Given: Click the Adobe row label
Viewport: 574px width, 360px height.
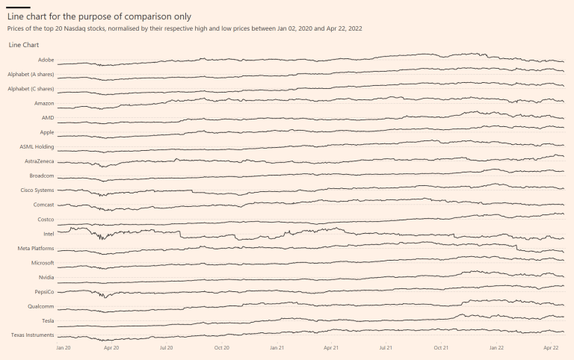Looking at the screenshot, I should [x=46, y=60].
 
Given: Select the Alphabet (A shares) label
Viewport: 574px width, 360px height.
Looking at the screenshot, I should [x=31, y=74].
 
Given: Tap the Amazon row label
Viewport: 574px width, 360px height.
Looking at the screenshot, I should [x=44, y=103].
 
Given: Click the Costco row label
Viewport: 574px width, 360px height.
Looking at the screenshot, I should [x=46, y=220].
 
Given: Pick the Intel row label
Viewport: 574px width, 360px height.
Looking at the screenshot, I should [x=49, y=234].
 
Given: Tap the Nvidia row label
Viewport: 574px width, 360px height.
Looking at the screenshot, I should [x=46, y=277].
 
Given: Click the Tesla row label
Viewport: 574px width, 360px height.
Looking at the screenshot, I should [x=48, y=320].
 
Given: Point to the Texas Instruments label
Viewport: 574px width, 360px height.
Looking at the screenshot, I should [x=33, y=335].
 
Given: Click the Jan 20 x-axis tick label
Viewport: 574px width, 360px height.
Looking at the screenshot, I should [x=64, y=347].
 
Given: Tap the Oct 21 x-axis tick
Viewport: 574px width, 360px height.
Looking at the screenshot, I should [x=441, y=347].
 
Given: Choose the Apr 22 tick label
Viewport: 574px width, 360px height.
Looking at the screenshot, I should [x=551, y=347].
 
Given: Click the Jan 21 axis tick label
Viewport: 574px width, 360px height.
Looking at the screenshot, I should [x=277, y=347].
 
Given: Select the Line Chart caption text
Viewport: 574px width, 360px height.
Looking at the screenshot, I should [x=24, y=46].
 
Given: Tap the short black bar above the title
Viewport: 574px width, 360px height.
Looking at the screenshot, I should [x=19, y=7].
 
